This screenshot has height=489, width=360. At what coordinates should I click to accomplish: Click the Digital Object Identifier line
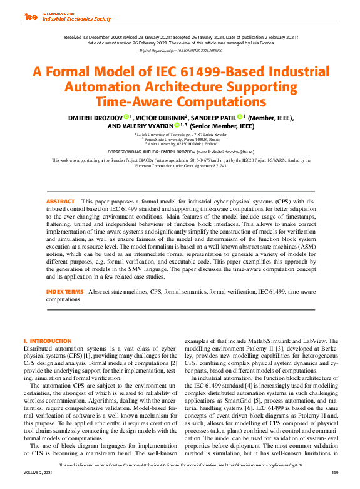pyautogui.click(x=180, y=49)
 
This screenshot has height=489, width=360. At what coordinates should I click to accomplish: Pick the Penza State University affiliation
pyautogui.click(x=180, y=138)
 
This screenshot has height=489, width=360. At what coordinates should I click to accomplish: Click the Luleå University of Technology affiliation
pyautogui.click(x=180, y=134)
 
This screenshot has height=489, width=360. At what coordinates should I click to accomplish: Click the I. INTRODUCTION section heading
pyautogui.click(x=48, y=341)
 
